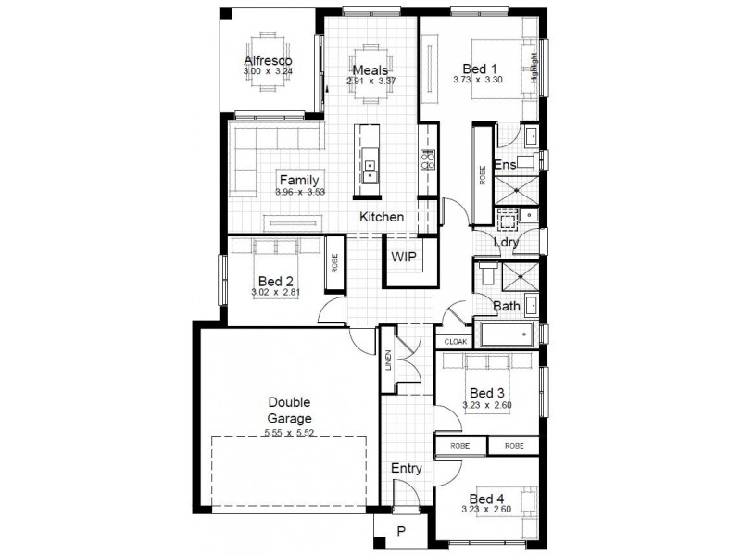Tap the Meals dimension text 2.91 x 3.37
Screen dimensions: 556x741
pos(370,81)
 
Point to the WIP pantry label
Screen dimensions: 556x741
pos(404,257)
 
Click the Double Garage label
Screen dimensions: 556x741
pos(289,409)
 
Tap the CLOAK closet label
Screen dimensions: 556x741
pos(456,342)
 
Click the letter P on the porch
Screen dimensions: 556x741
pos(401,531)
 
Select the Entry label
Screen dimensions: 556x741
pos(406,469)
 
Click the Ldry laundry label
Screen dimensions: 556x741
pos(506,243)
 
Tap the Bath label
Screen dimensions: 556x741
pos(506,306)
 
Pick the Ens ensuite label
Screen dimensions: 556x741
pos(505,165)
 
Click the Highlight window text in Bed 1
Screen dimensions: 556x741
pos(534,69)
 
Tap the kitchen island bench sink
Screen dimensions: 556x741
pos(370,169)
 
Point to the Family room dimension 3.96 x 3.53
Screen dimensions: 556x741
pos(298,192)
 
